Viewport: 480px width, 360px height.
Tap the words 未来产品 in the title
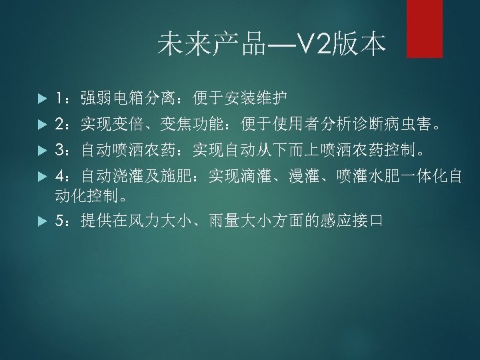point(211,45)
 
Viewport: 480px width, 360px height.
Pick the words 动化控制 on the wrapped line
point(86,196)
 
